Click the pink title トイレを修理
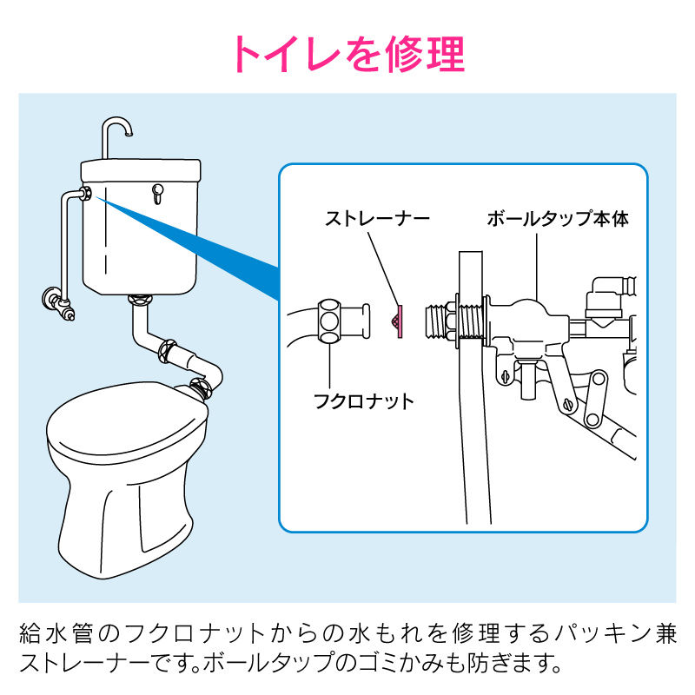click(x=350, y=54)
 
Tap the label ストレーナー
click(x=377, y=219)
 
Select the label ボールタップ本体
click(x=558, y=219)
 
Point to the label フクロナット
click(x=363, y=401)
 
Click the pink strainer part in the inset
click(x=399, y=321)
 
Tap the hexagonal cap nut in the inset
click(x=329, y=321)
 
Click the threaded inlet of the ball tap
click(x=438, y=321)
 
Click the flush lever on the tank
click(x=157, y=194)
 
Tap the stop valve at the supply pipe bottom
click(x=57, y=303)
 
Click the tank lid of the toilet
click(x=141, y=169)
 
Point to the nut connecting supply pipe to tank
click(x=88, y=193)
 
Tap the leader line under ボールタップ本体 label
click(x=537, y=267)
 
